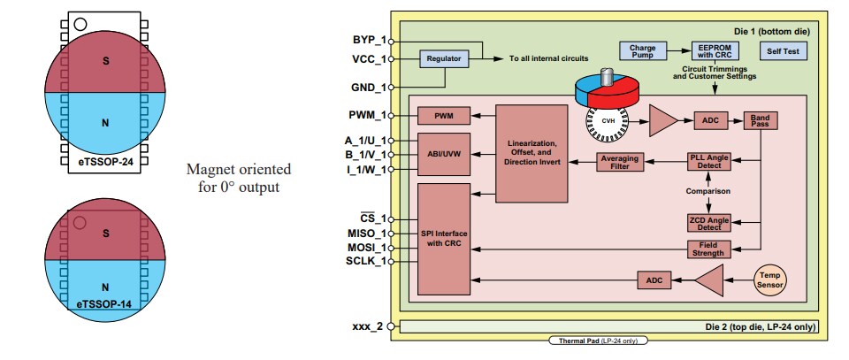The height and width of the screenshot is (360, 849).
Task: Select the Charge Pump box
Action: pos(641,51)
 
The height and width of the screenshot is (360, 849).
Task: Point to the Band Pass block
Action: pos(761,121)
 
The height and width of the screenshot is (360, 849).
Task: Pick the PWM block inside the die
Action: pos(444,116)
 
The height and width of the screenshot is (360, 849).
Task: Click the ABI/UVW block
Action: pos(444,154)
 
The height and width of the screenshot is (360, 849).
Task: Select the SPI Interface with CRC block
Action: pos(444,238)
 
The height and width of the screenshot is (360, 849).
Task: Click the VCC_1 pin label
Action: pos(369,60)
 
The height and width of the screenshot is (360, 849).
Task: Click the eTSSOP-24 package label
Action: pos(104,163)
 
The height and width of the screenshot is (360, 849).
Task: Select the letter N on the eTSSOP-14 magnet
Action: pos(104,287)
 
